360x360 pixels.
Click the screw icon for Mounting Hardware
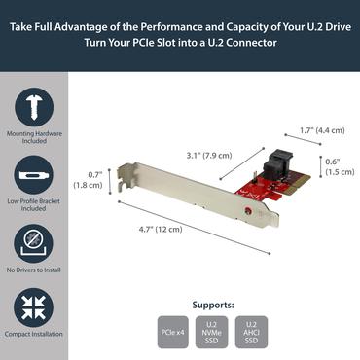tap(33, 108)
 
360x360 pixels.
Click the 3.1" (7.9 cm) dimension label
tap(208, 153)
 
